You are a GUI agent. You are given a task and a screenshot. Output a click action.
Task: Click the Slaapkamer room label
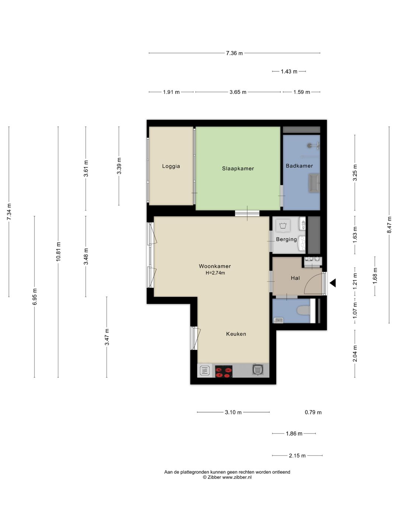pos(238,169)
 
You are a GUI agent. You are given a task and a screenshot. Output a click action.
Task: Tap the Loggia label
pos(171,166)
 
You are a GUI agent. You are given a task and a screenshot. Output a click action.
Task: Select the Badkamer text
pos(299,166)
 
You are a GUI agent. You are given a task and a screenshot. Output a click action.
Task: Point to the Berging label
pos(286,239)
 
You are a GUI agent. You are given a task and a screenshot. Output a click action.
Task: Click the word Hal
pos(295,278)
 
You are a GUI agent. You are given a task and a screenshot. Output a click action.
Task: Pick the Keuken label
pos(236,334)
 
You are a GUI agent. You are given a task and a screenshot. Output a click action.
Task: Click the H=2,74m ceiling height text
pos(215,273)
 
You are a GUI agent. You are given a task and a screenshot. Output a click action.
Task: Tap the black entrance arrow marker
pos(333,283)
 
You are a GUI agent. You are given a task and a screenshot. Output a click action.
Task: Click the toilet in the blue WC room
pos(303,310)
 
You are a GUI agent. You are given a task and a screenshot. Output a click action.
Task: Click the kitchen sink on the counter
pos(258,370)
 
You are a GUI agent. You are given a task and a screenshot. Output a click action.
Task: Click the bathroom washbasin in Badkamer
pos(314,183)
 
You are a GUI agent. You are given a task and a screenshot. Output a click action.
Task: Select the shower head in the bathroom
pos(310,146)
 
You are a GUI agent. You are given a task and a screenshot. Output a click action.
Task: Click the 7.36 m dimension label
pos(234,53)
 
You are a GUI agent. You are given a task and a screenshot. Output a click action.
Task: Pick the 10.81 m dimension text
pos(58,251)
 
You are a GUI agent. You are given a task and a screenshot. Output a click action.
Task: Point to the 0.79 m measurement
pos(313,412)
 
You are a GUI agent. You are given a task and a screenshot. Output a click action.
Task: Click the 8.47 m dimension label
pos(389,225)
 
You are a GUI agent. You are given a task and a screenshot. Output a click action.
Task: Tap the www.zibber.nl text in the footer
pos(237,477)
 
